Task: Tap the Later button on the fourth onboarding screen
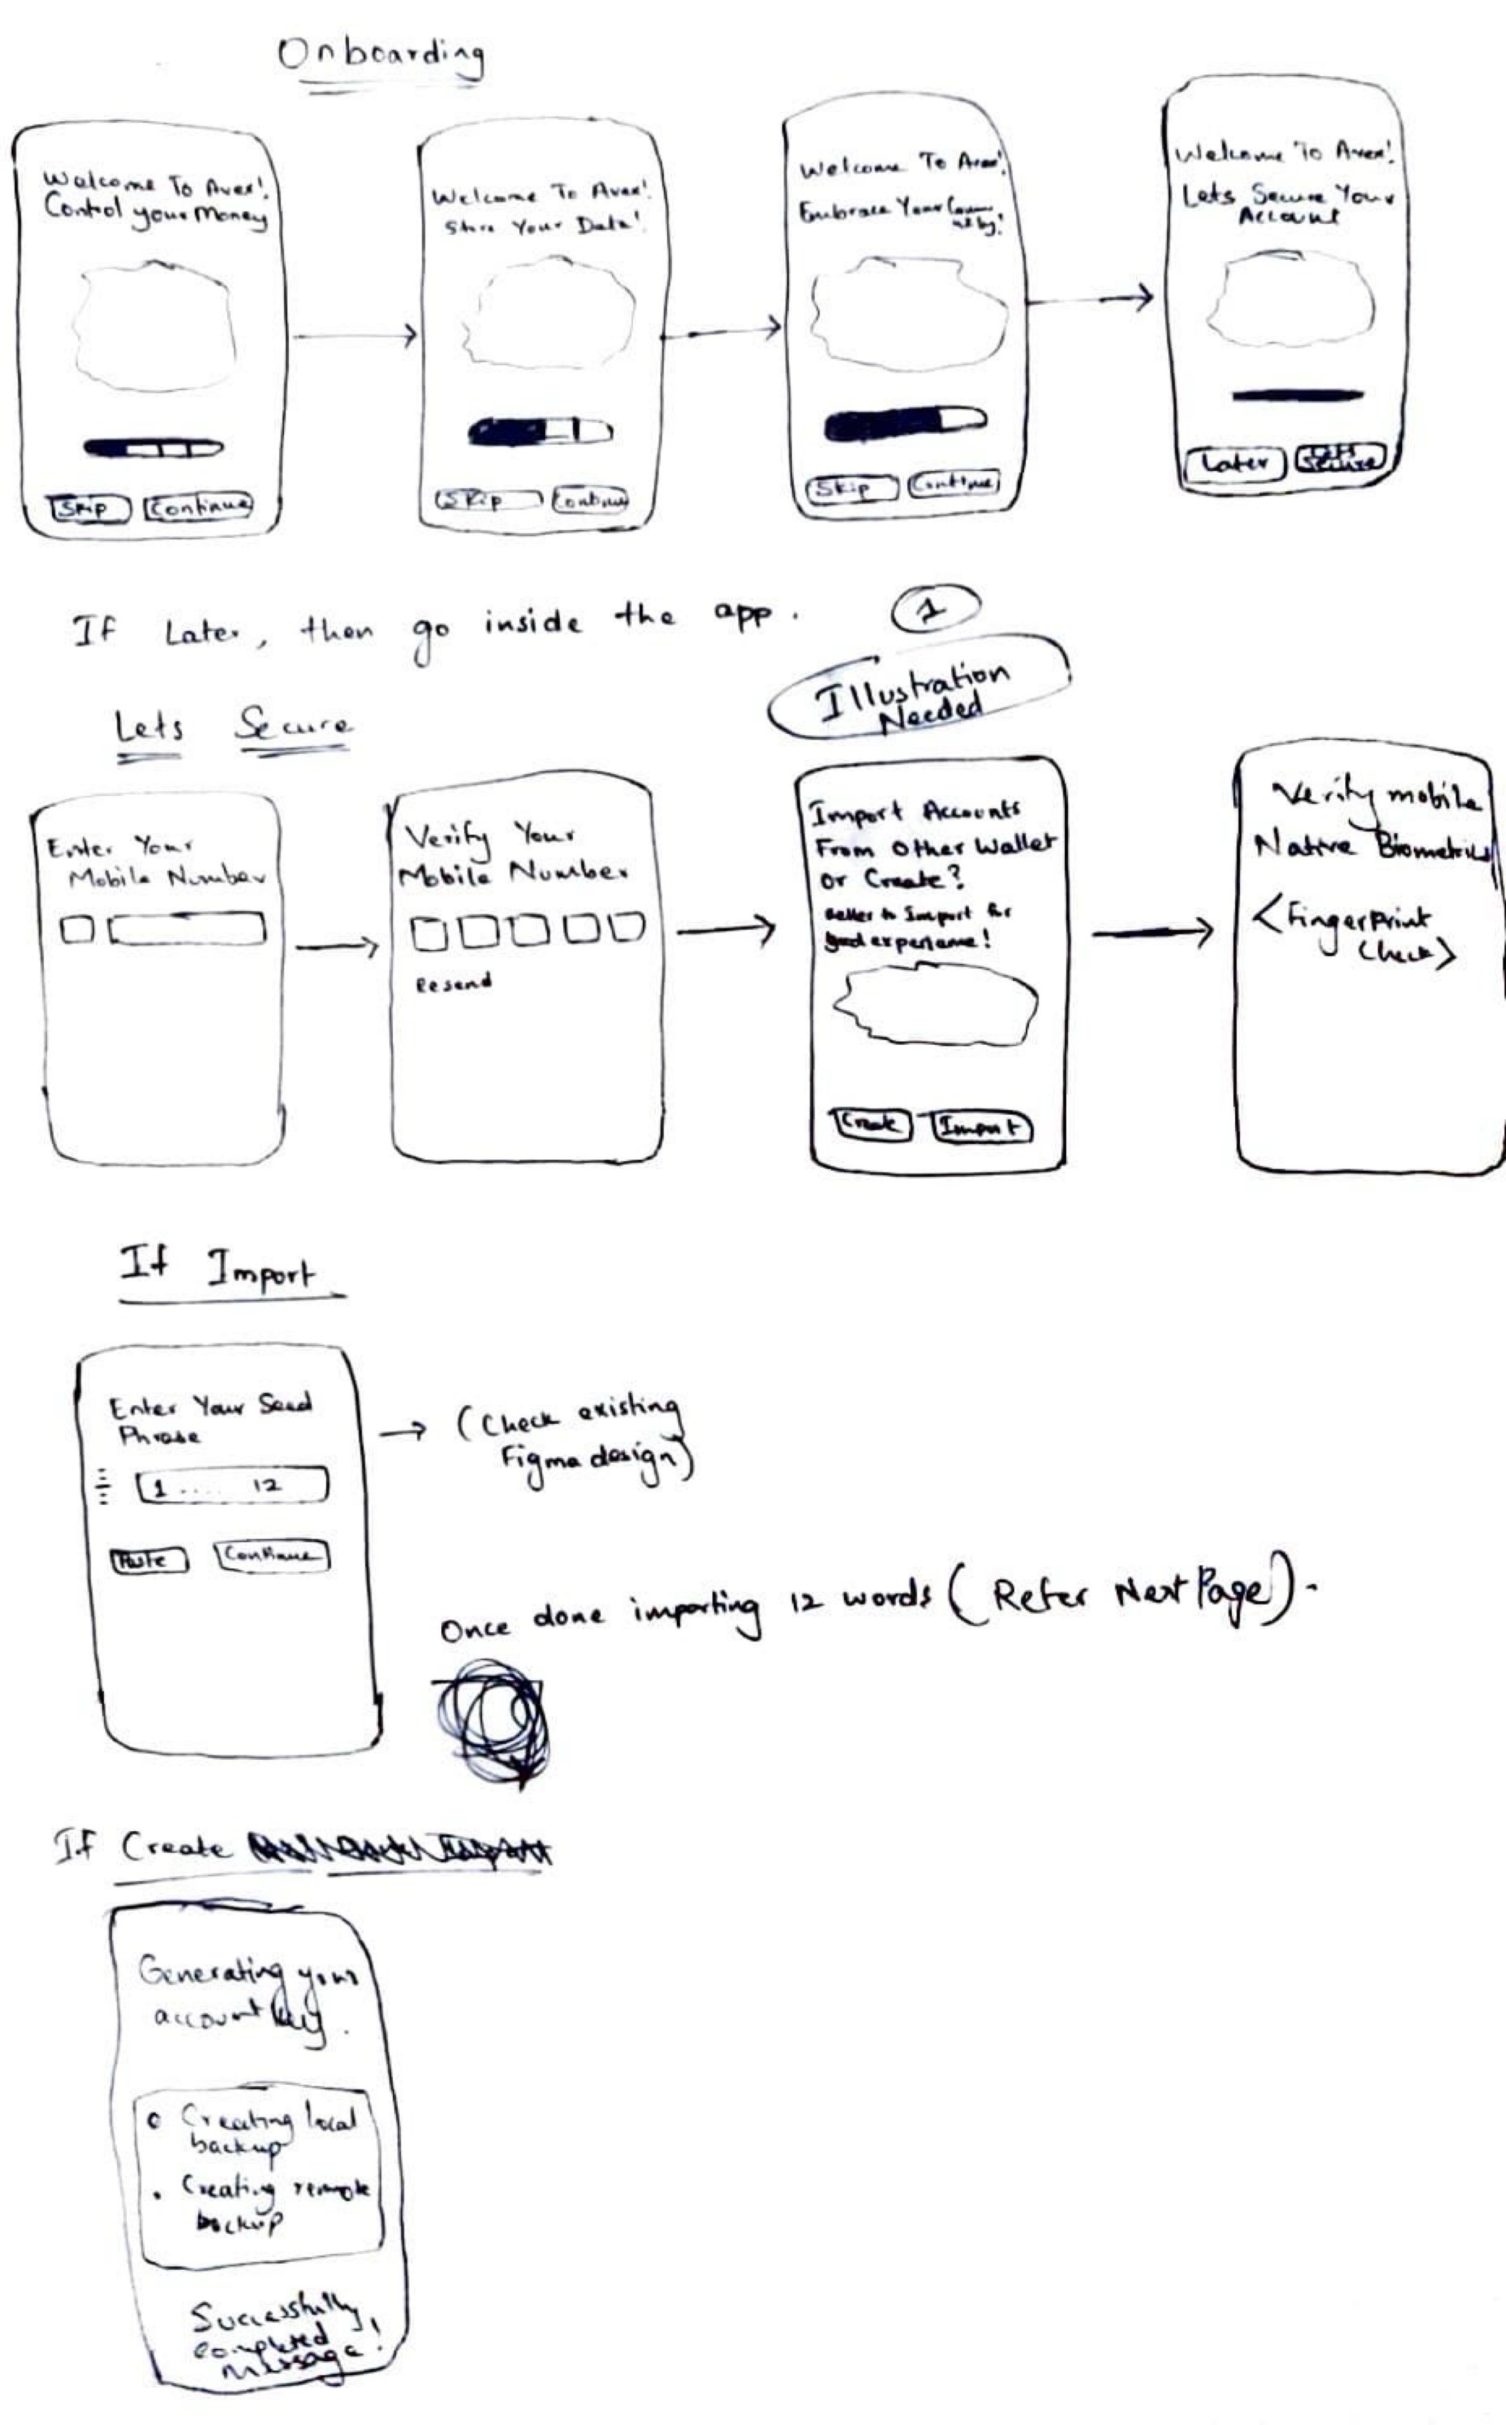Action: pos(1234,463)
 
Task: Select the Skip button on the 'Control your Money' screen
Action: pos(89,509)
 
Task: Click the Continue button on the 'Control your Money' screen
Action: pos(198,507)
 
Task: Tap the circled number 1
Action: pos(934,610)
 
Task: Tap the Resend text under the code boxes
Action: pos(453,984)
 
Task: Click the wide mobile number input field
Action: pos(187,929)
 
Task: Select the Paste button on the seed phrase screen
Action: pos(148,1560)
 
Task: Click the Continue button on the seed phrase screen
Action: pos(271,1555)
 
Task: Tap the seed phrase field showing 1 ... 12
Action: pos(232,1487)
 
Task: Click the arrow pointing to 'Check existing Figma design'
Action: pos(403,1432)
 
